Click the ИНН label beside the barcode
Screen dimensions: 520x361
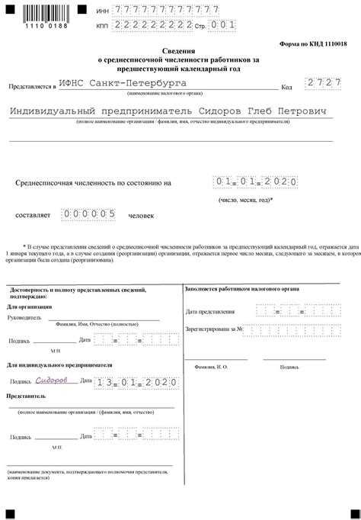(x=102, y=11)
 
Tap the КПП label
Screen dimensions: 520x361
(x=102, y=26)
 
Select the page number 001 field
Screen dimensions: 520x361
(x=222, y=25)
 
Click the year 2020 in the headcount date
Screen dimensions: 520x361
(x=280, y=182)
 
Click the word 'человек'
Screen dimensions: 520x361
(x=142, y=216)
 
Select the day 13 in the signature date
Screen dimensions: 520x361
(x=106, y=381)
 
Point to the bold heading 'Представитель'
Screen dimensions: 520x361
(x=27, y=396)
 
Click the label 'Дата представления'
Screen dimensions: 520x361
(x=212, y=312)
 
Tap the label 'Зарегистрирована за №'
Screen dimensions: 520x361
(x=214, y=329)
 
